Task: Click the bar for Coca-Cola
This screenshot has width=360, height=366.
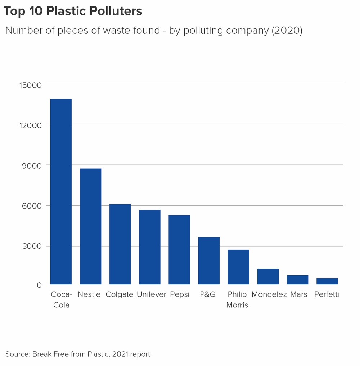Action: pos(61,191)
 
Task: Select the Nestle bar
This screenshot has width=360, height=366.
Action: pos(90,227)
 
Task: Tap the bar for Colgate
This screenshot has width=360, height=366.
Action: pos(120,244)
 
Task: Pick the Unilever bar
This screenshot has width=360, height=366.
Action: pos(149,247)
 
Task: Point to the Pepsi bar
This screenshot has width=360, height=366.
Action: pos(179,250)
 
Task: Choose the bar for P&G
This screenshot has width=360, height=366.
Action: pos(209,261)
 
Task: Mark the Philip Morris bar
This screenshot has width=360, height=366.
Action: pos(238,267)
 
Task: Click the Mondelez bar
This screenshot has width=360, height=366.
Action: pos(268,276)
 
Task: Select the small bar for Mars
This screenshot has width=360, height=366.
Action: pos(297,280)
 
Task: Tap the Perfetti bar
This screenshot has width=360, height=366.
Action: pos(327,281)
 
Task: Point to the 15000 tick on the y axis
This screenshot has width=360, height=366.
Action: pos(30,85)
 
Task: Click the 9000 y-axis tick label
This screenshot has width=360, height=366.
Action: pos(32,165)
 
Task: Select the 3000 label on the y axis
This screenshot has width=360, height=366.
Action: pos(32,247)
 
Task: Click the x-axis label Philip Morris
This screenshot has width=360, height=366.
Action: pos(237,299)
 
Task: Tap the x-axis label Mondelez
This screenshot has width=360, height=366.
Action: pos(269,294)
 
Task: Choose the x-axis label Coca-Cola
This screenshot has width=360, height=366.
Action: pos(61,299)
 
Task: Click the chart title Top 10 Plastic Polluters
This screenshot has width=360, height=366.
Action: pos(73,12)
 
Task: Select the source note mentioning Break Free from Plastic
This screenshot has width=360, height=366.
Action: pos(78,354)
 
